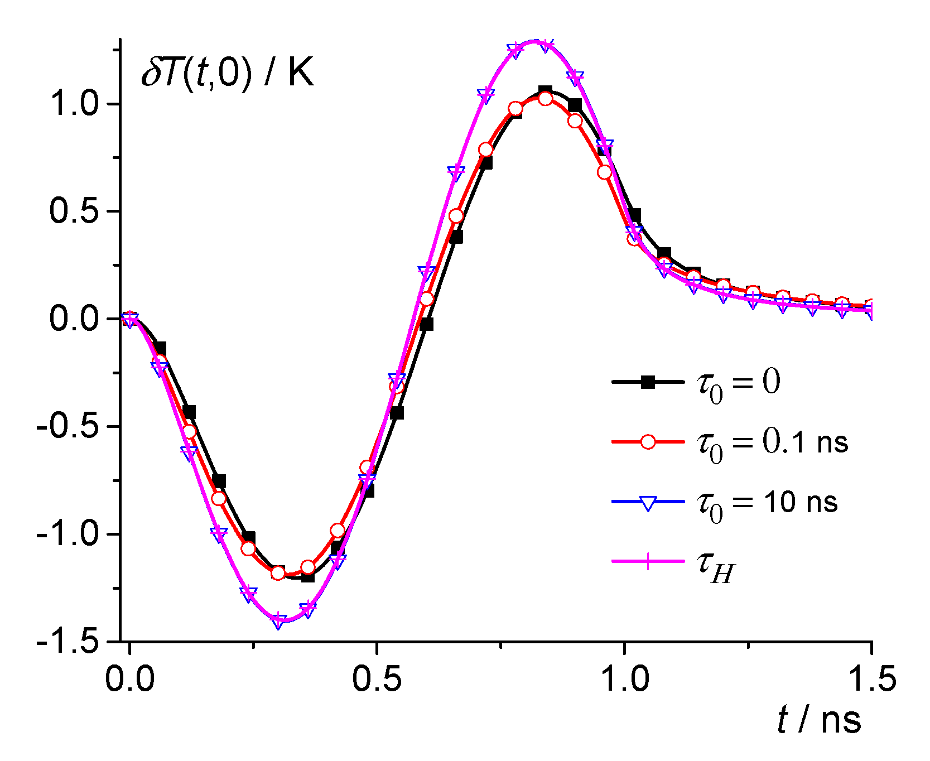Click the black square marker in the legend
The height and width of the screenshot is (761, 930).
(x=648, y=382)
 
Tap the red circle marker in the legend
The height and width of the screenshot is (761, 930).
(x=648, y=442)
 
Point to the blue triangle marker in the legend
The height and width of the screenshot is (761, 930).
(x=648, y=502)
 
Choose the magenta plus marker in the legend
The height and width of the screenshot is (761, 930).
(x=648, y=562)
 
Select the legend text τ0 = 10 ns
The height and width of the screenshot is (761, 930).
(x=767, y=504)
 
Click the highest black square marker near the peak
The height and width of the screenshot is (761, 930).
(x=545, y=91)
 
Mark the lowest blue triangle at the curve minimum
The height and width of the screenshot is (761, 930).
(x=278, y=622)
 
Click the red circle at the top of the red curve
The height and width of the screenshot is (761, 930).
(x=545, y=99)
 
